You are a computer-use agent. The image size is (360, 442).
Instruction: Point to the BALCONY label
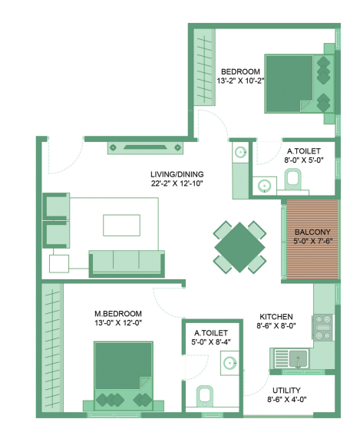(x=312, y=231)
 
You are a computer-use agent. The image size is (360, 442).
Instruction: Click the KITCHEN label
(x=277, y=316)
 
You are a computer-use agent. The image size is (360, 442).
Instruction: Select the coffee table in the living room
(x=123, y=224)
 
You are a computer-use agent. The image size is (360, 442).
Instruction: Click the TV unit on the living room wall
(x=140, y=147)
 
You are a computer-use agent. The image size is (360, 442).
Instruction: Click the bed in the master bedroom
(x=123, y=374)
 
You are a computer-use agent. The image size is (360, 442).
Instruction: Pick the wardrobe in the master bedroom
(x=52, y=349)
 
